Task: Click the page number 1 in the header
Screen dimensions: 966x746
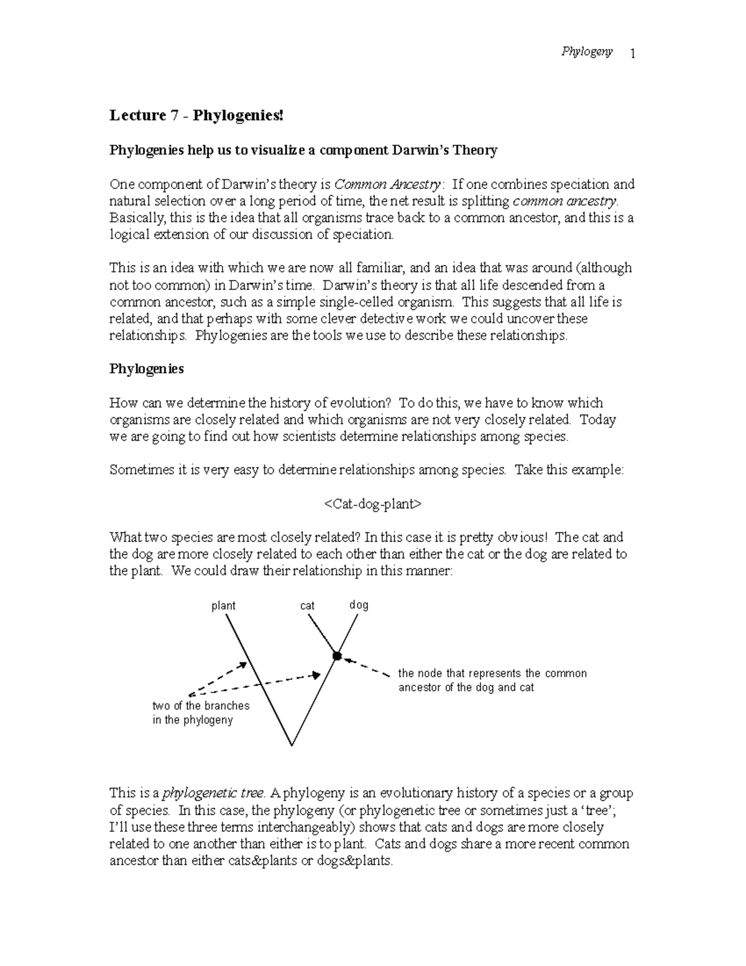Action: [x=632, y=54]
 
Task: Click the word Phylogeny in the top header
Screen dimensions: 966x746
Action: [x=587, y=52]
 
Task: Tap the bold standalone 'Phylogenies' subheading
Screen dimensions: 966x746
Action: [x=147, y=369]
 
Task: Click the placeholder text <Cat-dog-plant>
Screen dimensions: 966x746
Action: [x=372, y=504]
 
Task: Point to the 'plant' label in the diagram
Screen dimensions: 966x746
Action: [x=223, y=606]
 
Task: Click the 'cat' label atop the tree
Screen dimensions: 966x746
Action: [x=307, y=606]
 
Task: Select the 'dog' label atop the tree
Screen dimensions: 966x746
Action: [x=359, y=605]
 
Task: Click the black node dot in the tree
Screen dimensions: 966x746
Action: [x=337, y=656]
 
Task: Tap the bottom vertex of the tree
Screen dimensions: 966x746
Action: [x=291, y=745]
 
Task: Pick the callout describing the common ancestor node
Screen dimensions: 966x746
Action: [x=492, y=680]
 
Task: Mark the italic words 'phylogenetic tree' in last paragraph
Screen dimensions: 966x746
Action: [x=213, y=794]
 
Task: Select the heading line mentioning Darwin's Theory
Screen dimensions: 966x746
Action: [x=303, y=151]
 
